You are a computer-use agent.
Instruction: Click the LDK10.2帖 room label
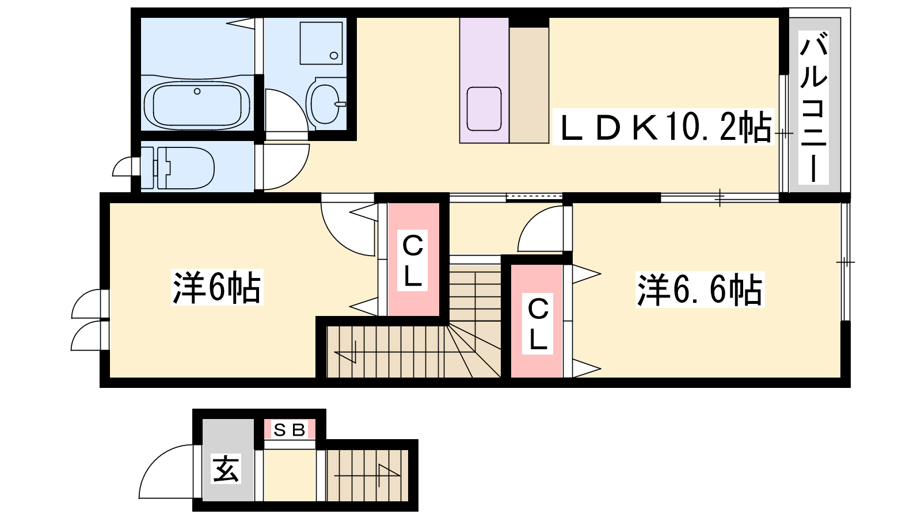click(x=663, y=127)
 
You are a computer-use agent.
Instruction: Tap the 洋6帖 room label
click(x=217, y=287)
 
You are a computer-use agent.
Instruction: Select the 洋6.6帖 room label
click(x=700, y=290)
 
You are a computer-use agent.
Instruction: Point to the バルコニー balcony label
click(x=813, y=108)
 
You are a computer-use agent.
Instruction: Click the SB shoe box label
click(x=290, y=430)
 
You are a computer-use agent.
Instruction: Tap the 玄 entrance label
click(x=226, y=469)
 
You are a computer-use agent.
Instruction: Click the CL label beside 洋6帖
click(x=412, y=261)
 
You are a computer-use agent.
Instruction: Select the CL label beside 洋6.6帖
click(x=538, y=325)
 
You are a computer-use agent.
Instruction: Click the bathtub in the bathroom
click(x=197, y=105)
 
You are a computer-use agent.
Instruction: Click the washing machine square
click(x=321, y=43)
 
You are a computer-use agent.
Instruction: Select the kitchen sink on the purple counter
click(x=484, y=109)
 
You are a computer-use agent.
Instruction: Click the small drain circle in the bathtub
click(x=197, y=92)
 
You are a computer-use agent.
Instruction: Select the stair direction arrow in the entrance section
click(x=367, y=473)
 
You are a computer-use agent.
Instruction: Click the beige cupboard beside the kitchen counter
click(x=529, y=85)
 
